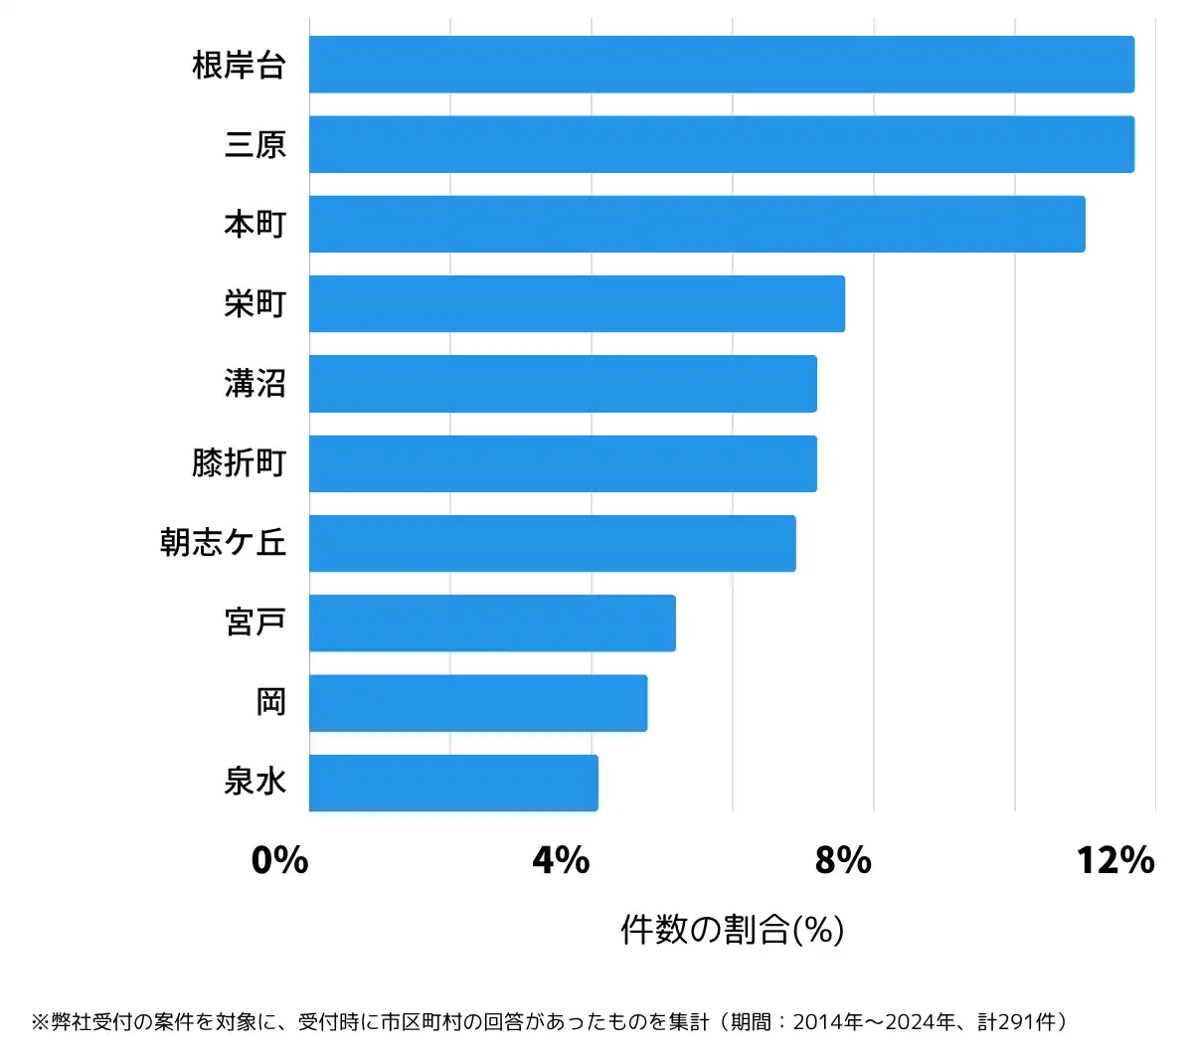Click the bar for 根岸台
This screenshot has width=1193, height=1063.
pos(721,65)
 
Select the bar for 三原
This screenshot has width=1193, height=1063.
pos(721,144)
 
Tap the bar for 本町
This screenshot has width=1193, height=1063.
pos(696,224)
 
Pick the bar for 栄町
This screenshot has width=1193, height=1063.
pos(577,303)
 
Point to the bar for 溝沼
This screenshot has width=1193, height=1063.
pos(563,384)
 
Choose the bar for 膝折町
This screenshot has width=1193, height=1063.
pos(563,463)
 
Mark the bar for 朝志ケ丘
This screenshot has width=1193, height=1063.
pos(552,543)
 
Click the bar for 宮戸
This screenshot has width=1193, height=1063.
pos(492,623)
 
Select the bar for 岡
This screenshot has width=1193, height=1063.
pos(477,703)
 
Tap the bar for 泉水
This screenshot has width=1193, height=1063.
pos(453,783)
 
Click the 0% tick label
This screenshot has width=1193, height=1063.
pos(280,860)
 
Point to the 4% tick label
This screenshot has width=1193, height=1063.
pos(562,860)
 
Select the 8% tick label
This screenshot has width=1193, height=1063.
pos(843,860)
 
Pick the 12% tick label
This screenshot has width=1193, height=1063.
pos(1115,860)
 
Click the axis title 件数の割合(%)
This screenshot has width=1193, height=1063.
pos(733,930)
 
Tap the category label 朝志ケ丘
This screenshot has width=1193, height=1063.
pos(224,543)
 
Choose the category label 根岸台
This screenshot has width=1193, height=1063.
pos(240,66)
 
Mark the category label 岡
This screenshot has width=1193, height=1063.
pos(271,703)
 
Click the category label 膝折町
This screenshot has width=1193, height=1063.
pos(240,463)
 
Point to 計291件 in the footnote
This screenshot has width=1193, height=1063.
pos(1017,1022)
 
